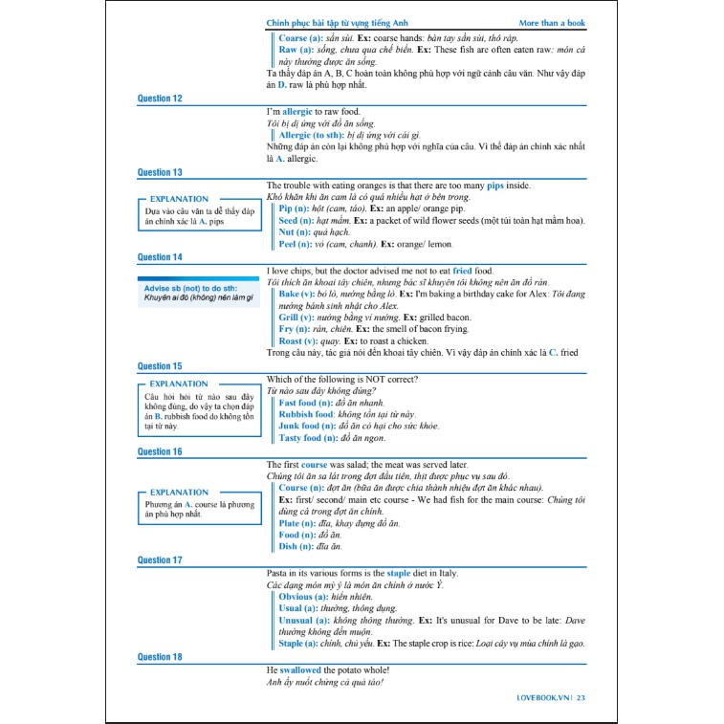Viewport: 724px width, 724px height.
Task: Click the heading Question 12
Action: tap(160, 99)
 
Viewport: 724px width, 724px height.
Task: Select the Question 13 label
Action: tap(160, 173)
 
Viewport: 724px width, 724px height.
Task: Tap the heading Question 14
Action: tap(160, 257)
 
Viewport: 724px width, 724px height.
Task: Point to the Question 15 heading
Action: tap(160, 366)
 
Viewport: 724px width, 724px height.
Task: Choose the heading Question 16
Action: tap(160, 451)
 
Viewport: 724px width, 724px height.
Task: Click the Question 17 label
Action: tap(160, 560)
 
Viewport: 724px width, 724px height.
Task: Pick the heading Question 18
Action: tap(160, 657)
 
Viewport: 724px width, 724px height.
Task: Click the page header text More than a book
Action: tap(551, 23)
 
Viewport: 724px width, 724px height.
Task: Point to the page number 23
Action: tap(581, 698)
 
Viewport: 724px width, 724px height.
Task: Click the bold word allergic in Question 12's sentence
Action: tap(296, 112)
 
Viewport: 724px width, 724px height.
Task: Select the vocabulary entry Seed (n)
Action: tap(300, 220)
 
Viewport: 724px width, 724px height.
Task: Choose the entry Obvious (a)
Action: tap(309, 597)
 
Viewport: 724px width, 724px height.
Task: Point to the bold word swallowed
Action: tap(300, 670)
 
